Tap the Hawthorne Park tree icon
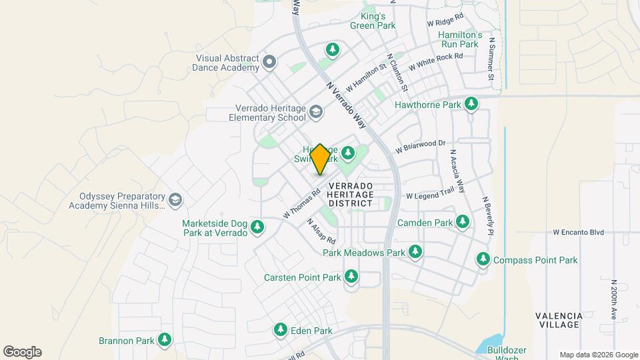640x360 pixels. (471, 103)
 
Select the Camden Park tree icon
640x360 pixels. (463, 221)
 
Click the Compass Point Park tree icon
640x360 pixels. (483, 259)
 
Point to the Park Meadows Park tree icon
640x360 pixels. (415, 251)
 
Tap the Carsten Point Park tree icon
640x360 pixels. (351, 276)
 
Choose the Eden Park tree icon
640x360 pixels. (281, 329)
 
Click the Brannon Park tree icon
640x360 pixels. (164, 339)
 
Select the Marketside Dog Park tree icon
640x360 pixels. (257, 228)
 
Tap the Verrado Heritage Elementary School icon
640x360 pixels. (315, 112)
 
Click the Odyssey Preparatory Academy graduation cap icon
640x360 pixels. (175, 199)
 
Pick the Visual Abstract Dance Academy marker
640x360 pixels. (269, 63)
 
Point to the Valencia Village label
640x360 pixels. (559, 320)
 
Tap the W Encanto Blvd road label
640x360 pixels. (578, 233)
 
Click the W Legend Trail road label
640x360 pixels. (429, 196)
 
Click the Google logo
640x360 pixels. (22, 352)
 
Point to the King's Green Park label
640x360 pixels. (373, 21)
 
